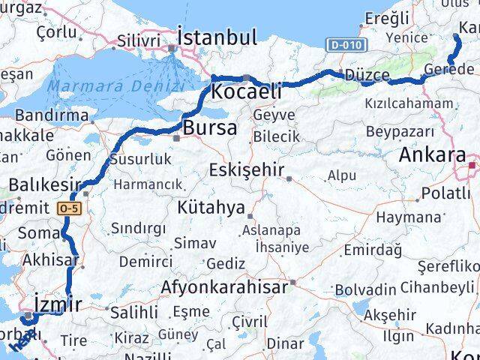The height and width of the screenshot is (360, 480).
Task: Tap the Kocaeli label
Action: coord(247,91)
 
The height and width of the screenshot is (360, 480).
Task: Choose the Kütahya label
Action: coord(217,205)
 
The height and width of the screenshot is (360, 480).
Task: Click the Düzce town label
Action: coord(367,75)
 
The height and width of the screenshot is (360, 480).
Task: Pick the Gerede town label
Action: coord(448,69)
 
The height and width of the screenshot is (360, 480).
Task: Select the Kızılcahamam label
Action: coord(409,103)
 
